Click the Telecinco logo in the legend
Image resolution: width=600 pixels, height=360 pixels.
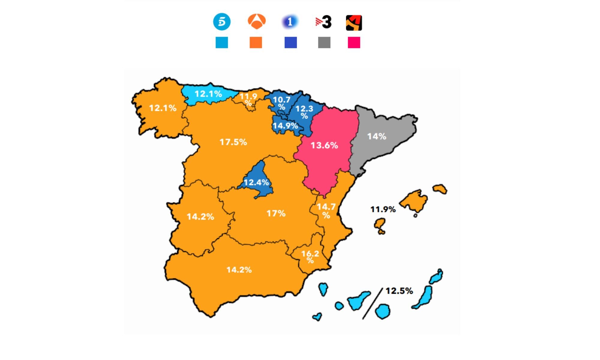pos(222,22)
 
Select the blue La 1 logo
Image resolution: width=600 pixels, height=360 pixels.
pos(290,22)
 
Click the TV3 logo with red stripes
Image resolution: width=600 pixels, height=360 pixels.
pos(324,22)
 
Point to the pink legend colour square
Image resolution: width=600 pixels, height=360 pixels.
pos(354,43)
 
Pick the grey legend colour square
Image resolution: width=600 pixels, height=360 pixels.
pos(324,43)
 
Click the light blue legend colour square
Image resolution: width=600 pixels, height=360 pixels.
pos(222,43)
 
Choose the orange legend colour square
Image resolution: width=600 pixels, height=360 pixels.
pos(256,43)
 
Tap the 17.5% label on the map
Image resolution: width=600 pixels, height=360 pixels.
pos(233,142)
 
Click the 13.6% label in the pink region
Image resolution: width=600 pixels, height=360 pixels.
pos(324,145)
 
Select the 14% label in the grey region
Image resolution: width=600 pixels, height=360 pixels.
pos(377,136)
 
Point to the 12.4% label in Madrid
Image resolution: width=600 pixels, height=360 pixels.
pos(256,182)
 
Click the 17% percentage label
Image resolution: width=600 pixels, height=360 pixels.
pos(276,214)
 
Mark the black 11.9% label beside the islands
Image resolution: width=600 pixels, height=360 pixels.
pos(383,209)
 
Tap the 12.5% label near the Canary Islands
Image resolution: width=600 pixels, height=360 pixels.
pos(399,291)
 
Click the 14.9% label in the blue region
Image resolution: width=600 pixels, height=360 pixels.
pos(285,126)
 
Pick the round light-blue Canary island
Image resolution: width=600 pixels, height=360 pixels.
pos(383,311)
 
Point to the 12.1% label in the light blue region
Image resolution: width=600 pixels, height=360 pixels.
pos(208,94)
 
